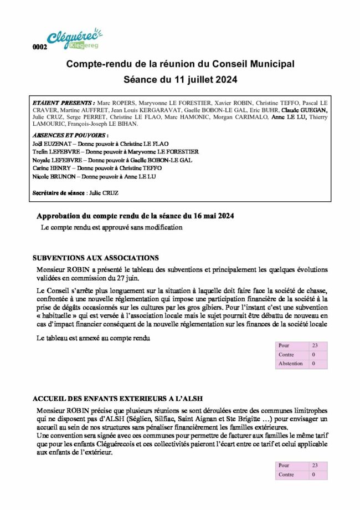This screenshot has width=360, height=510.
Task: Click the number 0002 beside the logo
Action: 40,47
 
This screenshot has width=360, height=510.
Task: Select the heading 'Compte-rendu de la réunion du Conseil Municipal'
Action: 180,64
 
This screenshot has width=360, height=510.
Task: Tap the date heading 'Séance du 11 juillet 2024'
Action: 180,80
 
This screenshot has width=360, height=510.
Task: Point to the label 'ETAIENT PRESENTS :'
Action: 64,103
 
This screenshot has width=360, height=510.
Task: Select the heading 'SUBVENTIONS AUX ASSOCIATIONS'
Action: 96,258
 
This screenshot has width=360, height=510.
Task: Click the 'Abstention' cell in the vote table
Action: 291,364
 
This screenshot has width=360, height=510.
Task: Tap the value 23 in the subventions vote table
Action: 315,345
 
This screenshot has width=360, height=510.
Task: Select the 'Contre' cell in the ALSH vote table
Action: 286,475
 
